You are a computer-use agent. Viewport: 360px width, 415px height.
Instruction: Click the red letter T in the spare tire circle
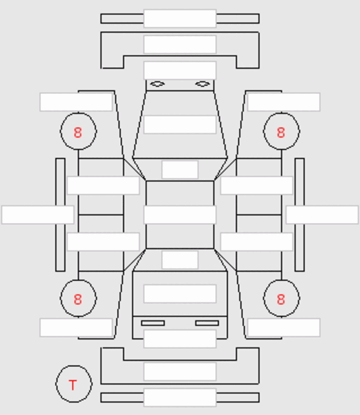[73, 385]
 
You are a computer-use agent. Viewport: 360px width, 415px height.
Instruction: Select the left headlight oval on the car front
[157, 84]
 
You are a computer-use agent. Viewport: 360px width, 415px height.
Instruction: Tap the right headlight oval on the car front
[203, 84]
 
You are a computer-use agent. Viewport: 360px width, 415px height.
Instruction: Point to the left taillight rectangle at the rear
[153, 323]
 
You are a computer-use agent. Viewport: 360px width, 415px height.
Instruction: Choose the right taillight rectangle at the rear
[207, 323]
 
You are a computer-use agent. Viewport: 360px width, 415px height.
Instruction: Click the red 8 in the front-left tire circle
[78, 133]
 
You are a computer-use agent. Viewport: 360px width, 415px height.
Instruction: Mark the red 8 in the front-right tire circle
[281, 133]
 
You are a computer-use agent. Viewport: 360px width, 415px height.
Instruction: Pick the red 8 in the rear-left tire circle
[78, 299]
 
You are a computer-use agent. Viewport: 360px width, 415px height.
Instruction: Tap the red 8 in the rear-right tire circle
[281, 299]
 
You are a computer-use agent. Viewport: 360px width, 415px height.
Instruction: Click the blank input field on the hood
[180, 124]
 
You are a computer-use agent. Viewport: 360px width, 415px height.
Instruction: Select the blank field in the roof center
[180, 215]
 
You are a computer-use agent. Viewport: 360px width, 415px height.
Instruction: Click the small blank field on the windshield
[180, 169]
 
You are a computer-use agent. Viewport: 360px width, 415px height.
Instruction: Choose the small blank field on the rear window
[180, 260]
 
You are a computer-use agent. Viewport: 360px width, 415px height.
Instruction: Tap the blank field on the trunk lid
[180, 294]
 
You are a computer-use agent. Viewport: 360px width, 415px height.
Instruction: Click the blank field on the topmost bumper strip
[180, 18]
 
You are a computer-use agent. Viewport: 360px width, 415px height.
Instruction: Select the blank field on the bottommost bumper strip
[180, 397]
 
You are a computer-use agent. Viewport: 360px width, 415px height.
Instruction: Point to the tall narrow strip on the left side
[61, 215]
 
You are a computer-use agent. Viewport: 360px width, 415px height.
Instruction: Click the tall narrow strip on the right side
[299, 215]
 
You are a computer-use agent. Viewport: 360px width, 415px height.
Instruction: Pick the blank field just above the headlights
[180, 71]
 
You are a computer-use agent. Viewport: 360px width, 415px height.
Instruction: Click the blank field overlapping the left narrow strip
[37, 215]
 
